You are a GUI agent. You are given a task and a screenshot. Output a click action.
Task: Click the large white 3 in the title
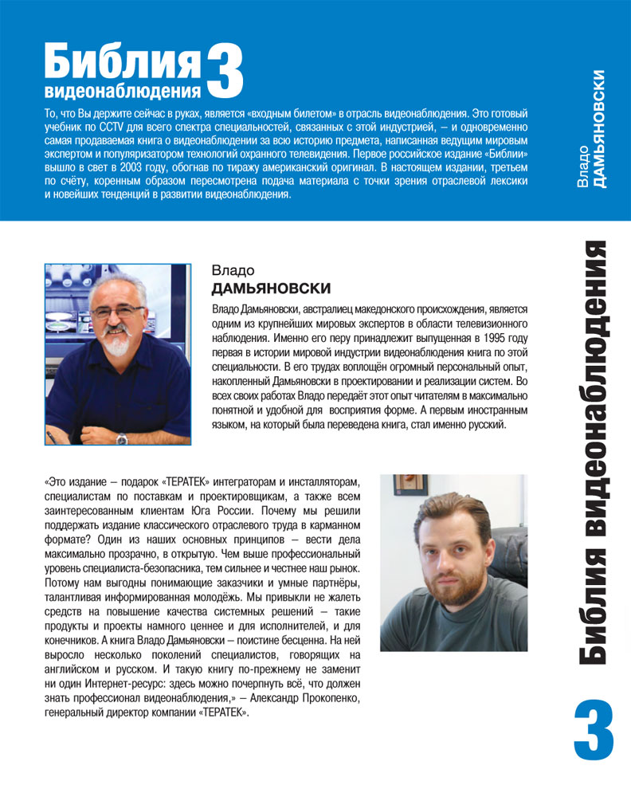tap(224, 71)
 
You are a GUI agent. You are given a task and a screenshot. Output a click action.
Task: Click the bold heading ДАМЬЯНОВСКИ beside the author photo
tap(271, 288)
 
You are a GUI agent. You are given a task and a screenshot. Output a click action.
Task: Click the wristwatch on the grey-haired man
tap(122, 438)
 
